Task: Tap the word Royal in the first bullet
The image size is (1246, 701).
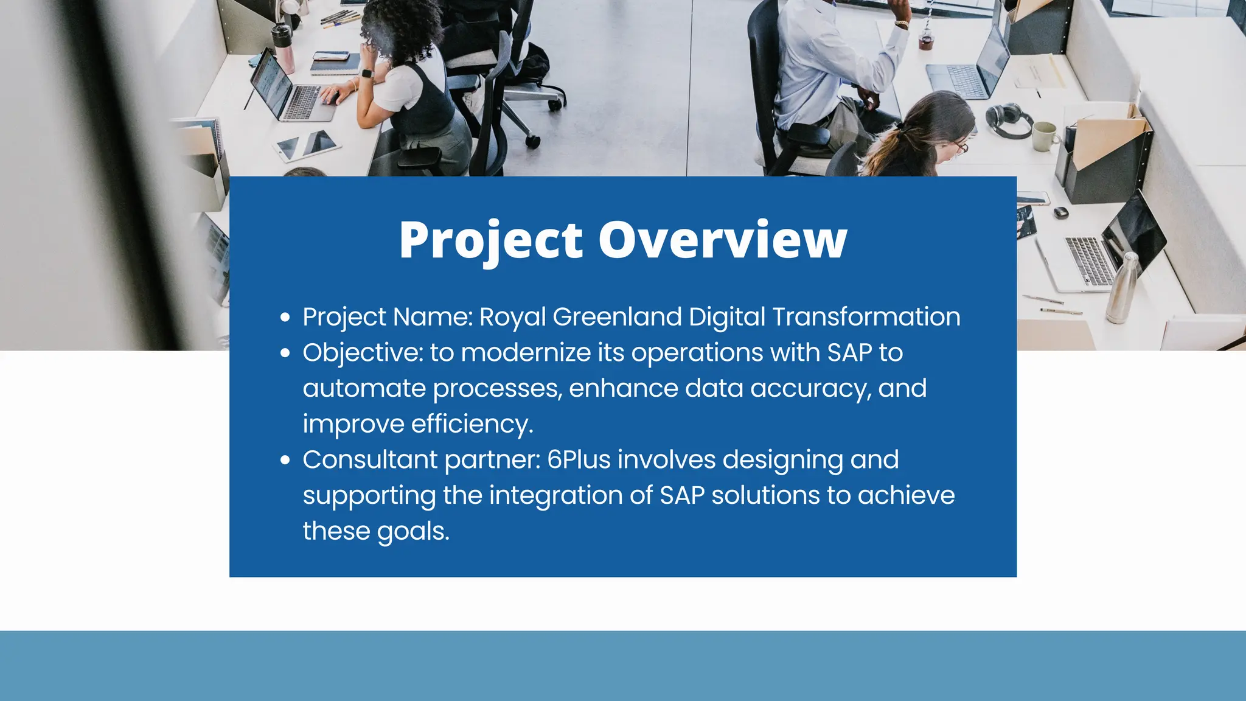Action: click(x=512, y=317)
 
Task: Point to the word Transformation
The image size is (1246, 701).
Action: click(x=866, y=317)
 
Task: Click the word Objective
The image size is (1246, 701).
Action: click(x=362, y=353)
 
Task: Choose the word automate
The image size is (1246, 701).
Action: click(x=364, y=388)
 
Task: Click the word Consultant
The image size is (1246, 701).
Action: click(x=370, y=460)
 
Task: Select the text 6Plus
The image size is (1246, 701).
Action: click(x=579, y=460)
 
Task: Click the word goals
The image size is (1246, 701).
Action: click(x=412, y=532)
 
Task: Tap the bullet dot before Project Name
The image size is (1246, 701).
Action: click(x=285, y=317)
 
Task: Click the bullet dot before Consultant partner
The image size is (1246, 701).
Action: click(x=285, y=460)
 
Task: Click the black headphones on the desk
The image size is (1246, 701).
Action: click(x=1008, y=118)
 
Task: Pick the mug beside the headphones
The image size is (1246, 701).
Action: click(x=1045, y=136)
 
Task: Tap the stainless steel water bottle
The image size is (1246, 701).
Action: click(x=1122, y=287)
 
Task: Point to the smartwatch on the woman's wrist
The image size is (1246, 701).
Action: click(x=366, y=74)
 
